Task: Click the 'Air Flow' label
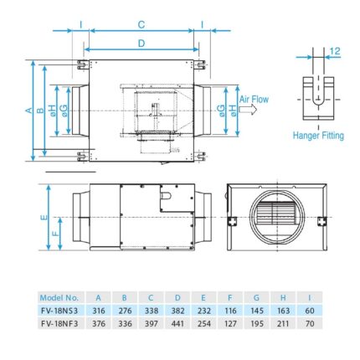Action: [x=255, y=99]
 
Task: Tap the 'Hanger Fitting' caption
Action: [x=319, y=134]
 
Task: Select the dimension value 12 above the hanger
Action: [x=335, y=51]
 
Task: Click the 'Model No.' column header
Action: [x=59, y=296]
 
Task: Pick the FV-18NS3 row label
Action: [x=59, y=308]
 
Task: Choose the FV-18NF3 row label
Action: [x=59, y=321]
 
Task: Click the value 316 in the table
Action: [x=99, y=308]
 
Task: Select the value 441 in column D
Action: [x=177, y=321]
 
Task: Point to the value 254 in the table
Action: [x=203, y=321]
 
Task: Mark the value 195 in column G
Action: [x=256, y=321]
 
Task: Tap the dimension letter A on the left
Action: [x=28, y=110]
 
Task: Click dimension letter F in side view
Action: [x=57, y=234]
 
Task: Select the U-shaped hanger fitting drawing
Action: [x=318, y=97]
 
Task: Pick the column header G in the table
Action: [x=256, y=296]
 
